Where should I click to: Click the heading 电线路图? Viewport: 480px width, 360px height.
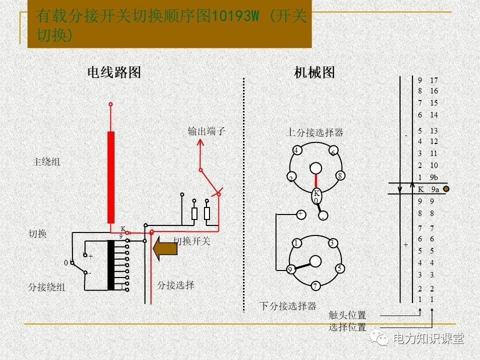pos(114,72)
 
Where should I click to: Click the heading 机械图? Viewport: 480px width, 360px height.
pos(314,72)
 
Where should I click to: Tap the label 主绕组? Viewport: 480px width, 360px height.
pos(46,162)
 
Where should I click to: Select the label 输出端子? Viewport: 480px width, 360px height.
pos(206,131)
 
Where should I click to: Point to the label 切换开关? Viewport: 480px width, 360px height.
pos(192,241)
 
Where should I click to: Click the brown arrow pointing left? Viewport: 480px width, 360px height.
pos(164,248)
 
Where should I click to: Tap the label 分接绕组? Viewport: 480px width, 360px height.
pos(46,287)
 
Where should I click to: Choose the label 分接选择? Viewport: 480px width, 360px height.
pos(175,285)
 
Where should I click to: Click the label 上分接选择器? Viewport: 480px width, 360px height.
pos(314,132)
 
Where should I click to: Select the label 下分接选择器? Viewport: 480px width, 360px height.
pos(287,306)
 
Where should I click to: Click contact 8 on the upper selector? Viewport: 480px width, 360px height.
pos(339,175)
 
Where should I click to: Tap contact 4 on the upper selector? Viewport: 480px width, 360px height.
pos(296,150)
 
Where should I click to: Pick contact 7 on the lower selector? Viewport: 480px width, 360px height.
pos(315,286)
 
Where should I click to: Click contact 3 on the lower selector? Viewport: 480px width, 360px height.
pos(332,243)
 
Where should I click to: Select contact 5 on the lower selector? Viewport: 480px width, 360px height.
pos(339,268)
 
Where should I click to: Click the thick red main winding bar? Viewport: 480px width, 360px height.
pos(111,177)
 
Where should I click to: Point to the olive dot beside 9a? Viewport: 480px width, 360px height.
pos(446,189)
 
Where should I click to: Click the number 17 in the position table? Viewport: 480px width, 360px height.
pos(433,80)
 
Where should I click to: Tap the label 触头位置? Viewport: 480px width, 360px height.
pos(347,315)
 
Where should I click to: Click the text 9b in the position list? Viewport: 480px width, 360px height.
pos(433,177)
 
